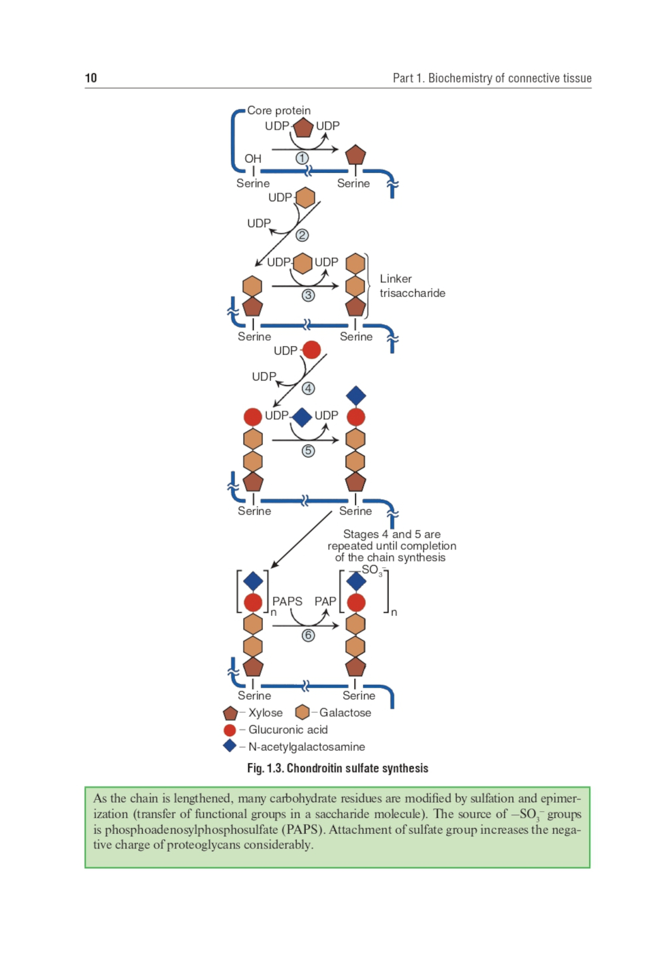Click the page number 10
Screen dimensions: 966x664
point(91,78)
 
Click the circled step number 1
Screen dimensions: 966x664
point(302,158)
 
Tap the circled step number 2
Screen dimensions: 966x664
point(302,235)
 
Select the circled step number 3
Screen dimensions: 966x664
point(308,296)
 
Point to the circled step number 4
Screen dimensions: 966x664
point(308,389)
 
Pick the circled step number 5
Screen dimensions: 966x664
point(308,451)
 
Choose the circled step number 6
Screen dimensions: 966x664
point(308,636)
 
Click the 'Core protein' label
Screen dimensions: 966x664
point(279,110)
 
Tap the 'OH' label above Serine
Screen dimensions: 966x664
point(253,159)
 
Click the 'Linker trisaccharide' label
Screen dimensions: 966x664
point(412,286)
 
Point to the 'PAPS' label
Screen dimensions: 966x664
point(287,601)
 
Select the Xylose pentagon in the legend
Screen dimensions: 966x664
point(230,714)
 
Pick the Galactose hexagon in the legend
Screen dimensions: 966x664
point(302,712)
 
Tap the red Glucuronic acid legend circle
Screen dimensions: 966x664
point(230,730)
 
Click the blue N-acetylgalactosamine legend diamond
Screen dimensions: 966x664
point(230,746)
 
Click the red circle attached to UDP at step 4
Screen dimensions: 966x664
point(311,349)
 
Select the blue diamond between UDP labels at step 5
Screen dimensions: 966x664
point(302,417)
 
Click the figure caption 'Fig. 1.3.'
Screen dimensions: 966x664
point(266,769)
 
